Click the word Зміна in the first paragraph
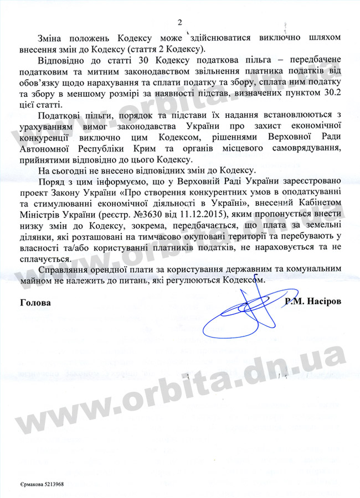coord(51,38)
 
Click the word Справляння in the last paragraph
coord(65,268)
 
